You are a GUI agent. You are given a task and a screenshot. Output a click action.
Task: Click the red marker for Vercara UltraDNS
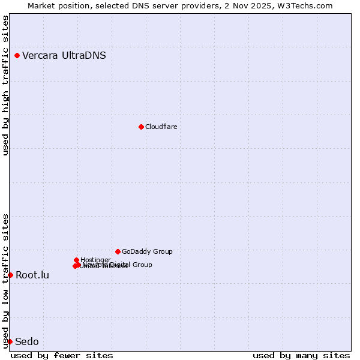[17, 56]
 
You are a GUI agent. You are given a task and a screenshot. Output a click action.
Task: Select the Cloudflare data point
[141, 127]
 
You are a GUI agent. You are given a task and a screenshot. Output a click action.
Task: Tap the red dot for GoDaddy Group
[118, 251]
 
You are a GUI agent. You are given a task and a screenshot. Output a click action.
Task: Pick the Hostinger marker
[77, 260]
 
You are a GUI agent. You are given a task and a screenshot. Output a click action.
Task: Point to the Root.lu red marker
[10, 275]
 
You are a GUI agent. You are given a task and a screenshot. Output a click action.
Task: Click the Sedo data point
[10, 341]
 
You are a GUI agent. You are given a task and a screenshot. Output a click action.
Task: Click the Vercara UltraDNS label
[64, 56]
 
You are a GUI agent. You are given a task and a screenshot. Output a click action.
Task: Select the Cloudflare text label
[161, 127]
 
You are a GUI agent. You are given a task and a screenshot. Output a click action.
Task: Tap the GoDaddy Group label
[147, 251]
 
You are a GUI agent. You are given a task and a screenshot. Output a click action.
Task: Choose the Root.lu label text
[32, 275]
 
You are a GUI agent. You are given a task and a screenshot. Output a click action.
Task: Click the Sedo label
[27, 342]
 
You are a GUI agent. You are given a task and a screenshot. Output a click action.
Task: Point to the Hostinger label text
[95, 260]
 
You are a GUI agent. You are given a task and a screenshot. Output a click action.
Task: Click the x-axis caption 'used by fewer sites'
[62, 355]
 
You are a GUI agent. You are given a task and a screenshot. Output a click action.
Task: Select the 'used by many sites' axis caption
[301, 355]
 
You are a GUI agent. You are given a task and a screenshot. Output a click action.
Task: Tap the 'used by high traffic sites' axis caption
[6, 85]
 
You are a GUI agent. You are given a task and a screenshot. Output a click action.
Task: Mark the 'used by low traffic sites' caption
[6, 280]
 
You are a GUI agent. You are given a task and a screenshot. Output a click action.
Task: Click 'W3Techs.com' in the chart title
[307, 5]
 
